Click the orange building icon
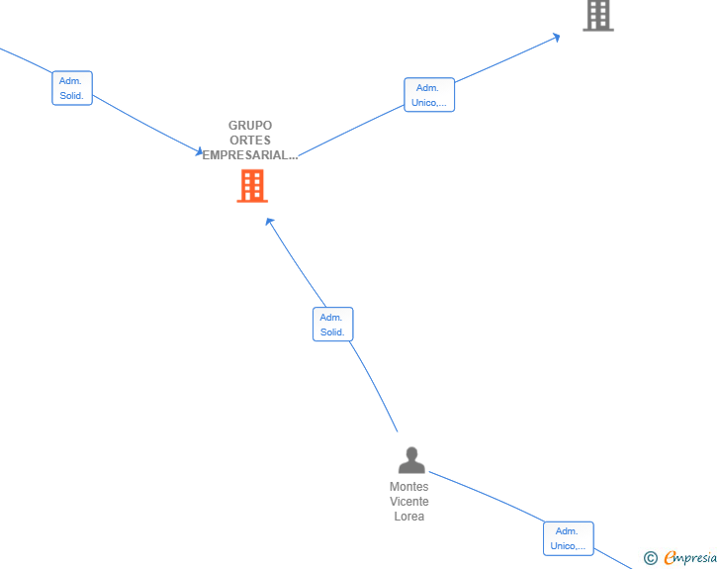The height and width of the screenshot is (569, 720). [252, 186]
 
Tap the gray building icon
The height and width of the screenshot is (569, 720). [598, 16]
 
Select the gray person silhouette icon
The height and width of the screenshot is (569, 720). [411, 460]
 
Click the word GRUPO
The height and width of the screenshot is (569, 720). [250, 125]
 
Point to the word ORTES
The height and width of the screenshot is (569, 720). [250, 140]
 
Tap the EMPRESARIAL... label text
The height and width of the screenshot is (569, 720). [250, 155]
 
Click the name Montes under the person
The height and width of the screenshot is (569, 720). [409, 486]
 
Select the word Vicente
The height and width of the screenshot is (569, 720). [409, 501]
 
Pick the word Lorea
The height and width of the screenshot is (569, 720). [409, 517]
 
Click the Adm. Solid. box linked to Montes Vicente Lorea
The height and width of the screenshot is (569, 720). [333, 324]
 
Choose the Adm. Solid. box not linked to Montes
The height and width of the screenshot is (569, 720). [72, 88]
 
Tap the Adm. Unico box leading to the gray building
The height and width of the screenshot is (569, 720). [429, 95]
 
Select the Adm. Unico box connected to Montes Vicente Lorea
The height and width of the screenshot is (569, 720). [569, 538]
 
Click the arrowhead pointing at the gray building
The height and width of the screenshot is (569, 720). [557, 38]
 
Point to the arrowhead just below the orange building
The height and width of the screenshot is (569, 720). [270, 222]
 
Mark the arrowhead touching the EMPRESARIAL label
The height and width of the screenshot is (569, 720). [200, 150]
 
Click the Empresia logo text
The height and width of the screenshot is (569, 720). [690, 557]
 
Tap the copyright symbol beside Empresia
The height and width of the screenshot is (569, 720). [651, 558]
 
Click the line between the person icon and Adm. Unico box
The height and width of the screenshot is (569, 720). [487, 495]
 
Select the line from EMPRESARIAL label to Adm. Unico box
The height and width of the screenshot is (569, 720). [351, 131]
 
